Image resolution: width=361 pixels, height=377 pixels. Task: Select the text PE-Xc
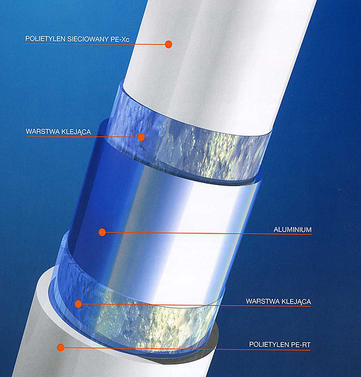120,39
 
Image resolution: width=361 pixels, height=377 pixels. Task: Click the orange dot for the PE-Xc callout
169,44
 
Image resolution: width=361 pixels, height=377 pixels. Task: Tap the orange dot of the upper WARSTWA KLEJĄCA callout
141,137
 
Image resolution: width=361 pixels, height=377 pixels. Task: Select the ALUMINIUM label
293,229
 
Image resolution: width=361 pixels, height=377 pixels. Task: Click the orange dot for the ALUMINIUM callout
102,232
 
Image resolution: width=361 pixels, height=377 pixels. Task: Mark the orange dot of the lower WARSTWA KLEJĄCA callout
78,304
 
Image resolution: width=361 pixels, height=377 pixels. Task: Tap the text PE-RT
301,344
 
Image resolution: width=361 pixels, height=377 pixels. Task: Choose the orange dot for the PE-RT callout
61,347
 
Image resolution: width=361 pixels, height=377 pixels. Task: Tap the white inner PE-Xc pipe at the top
217,60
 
